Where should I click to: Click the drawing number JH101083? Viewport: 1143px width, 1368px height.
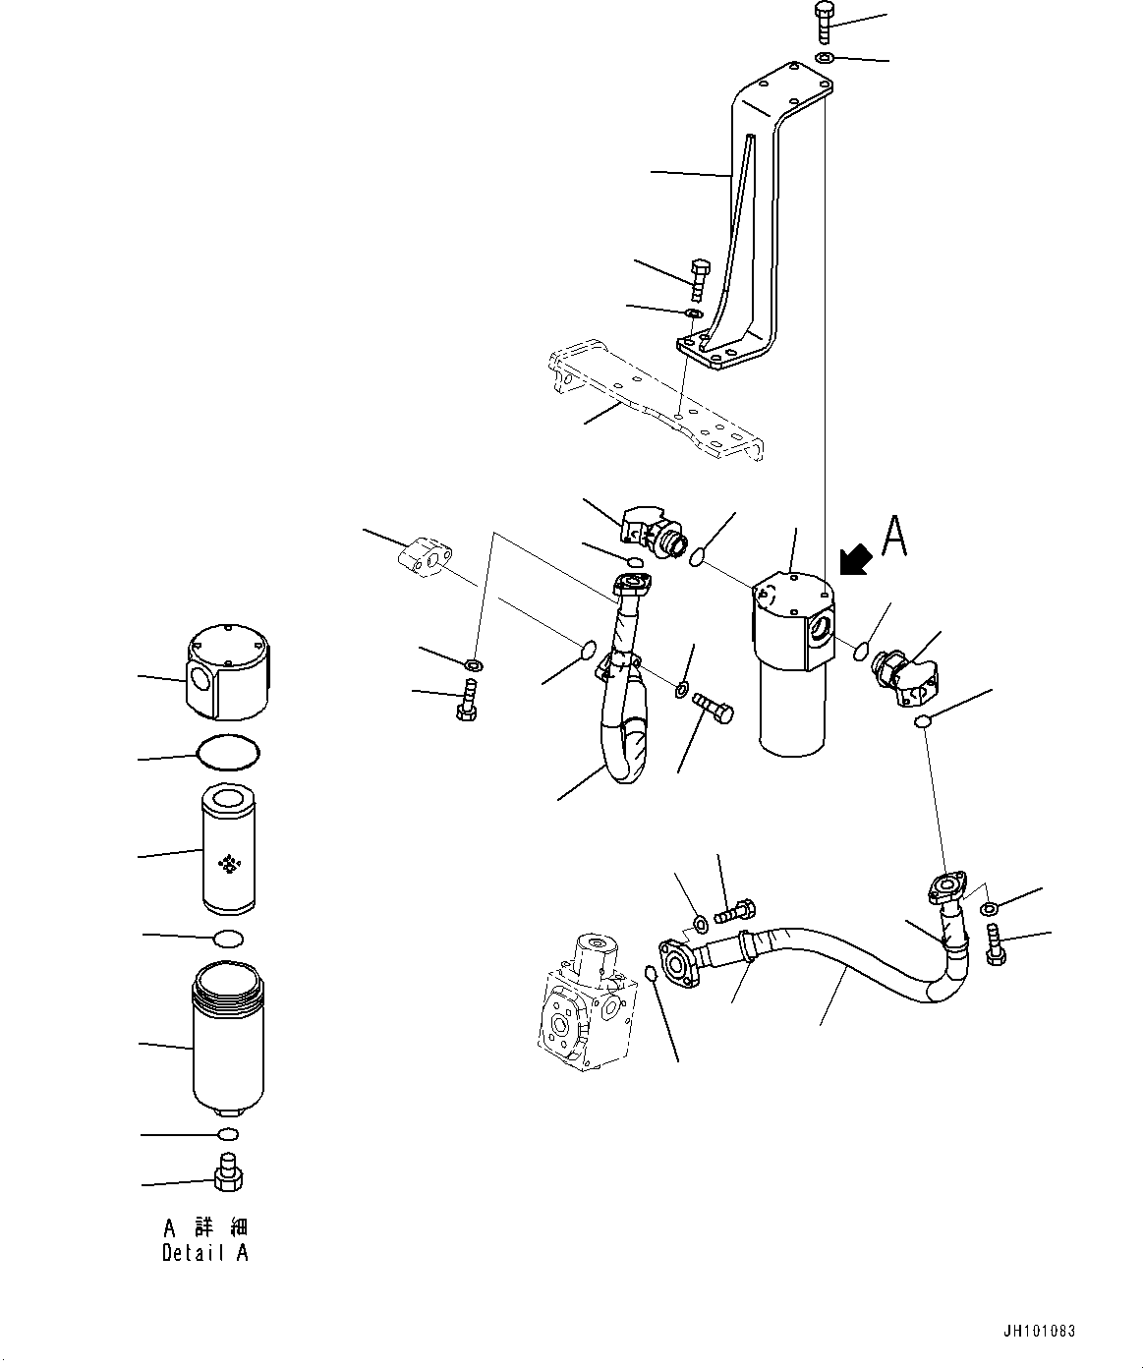pyautogui.click(x=1039, y=1332)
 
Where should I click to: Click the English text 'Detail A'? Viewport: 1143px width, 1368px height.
pyautogui.click(x=205, y=1253)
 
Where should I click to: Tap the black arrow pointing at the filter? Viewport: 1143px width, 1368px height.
pyautogui.click(x=855, y=561)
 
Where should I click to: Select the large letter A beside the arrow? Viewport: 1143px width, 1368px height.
pyautogui.click(x=893, y=537)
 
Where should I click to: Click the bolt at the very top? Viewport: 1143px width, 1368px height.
pyautogui.click(x=824, y=21)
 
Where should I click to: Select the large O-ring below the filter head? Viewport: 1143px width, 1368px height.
pyautogui.click(x=229, y=754)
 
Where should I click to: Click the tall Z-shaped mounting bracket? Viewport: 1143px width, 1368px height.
pyautogui.click(x=757, y=226)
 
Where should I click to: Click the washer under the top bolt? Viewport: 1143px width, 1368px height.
pyautogui.click(x=825, y=59)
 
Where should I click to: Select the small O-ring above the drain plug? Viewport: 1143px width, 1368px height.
pyautogui.click(x=227, y=1135)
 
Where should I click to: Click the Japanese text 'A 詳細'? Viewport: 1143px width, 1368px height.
pyautogui.click(x=205, y=1227)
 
